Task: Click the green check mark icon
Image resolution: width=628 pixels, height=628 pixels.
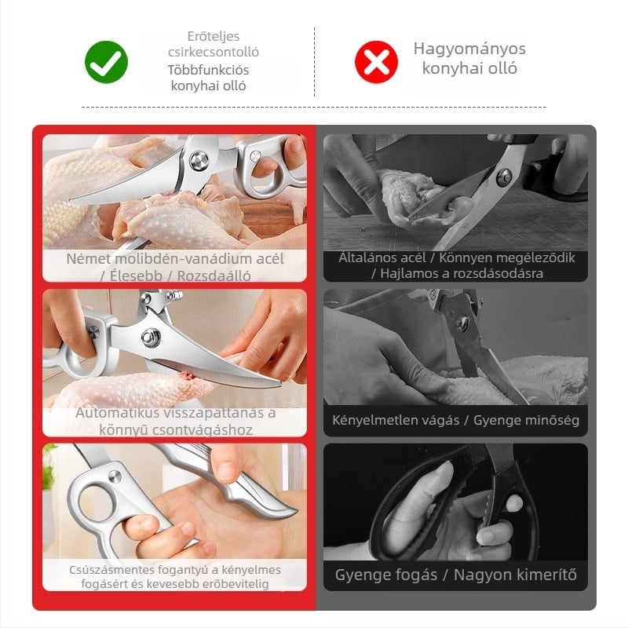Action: point(107,62)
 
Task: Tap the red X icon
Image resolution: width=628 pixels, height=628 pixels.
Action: point(377,62)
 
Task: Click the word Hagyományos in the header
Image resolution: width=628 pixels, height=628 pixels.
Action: point(469,49)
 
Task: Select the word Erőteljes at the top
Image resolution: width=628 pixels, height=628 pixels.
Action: point(214,36)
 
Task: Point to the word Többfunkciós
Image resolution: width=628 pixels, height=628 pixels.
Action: point(208,70)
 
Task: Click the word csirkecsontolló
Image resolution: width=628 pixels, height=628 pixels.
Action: point(214,52)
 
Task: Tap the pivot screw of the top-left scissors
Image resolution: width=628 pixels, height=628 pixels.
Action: point(199,161)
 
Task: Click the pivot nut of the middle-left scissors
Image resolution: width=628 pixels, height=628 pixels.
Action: point(151,336)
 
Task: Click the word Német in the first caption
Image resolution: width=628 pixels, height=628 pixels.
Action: point(88,259)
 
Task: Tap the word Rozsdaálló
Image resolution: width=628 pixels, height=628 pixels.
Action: point(214,276)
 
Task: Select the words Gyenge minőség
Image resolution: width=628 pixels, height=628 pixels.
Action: point(526,420)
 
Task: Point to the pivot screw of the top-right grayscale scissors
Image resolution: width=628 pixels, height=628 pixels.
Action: point(504,177)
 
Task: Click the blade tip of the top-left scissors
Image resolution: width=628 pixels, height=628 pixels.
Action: point(71,199)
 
